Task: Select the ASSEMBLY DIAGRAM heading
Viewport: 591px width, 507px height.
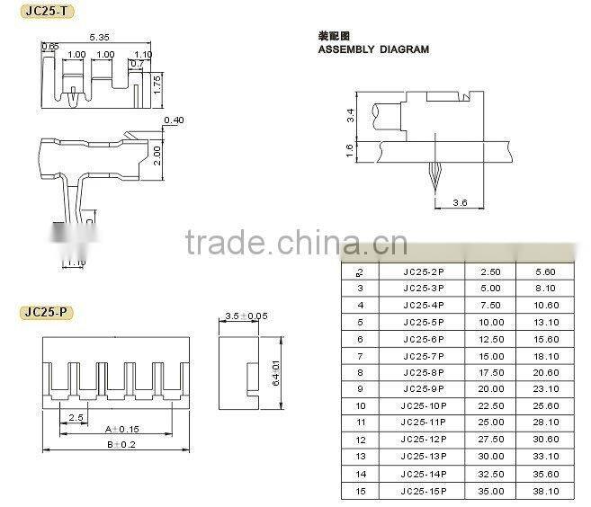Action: coord(373,49)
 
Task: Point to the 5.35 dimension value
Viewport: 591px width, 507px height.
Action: coord(99,38)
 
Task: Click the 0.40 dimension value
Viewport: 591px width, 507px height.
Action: coord(175,120)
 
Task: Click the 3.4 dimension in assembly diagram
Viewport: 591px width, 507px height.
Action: coord(351,115)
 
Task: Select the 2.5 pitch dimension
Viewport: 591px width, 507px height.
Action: coord(77,418)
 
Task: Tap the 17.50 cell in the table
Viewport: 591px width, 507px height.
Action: coord(490,372)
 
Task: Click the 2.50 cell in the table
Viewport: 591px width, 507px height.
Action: coord(490,271)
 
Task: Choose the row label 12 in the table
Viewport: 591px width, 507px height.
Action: coord(361,440)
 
